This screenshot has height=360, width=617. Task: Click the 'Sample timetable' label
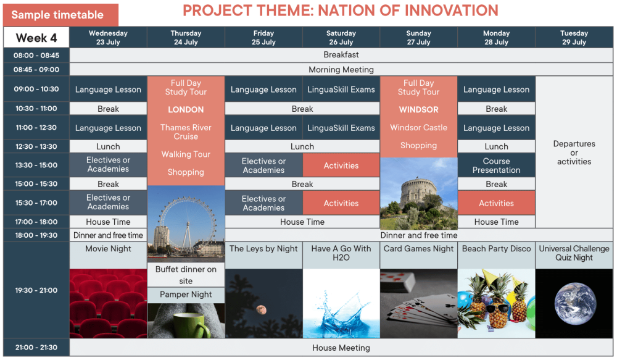[x=57, y=15]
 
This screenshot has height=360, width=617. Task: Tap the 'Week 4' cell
[x=36, y=38]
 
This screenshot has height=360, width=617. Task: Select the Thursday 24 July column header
[x=186, y=38]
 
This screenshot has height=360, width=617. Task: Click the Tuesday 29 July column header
[x=574, y=38]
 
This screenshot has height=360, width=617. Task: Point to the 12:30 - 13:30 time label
[x=36, y=146]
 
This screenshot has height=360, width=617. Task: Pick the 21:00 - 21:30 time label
[x=36, y=348]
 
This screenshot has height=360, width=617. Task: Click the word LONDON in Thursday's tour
[x=186, y=109]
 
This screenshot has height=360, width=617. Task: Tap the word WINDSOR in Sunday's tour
[x=419, y=109]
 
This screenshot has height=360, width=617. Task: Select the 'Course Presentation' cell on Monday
[x=496, y=165]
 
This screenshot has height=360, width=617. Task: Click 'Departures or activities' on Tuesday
[x=574, y=153]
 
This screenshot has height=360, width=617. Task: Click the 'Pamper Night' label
[x=186, y=295]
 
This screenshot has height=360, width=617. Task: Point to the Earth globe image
[x=575, y=304]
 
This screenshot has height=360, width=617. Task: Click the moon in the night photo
[x=261, y=309]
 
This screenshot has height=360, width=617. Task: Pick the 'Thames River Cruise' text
[x=186, y=132]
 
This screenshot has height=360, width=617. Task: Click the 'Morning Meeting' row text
[x=341, y=70]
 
